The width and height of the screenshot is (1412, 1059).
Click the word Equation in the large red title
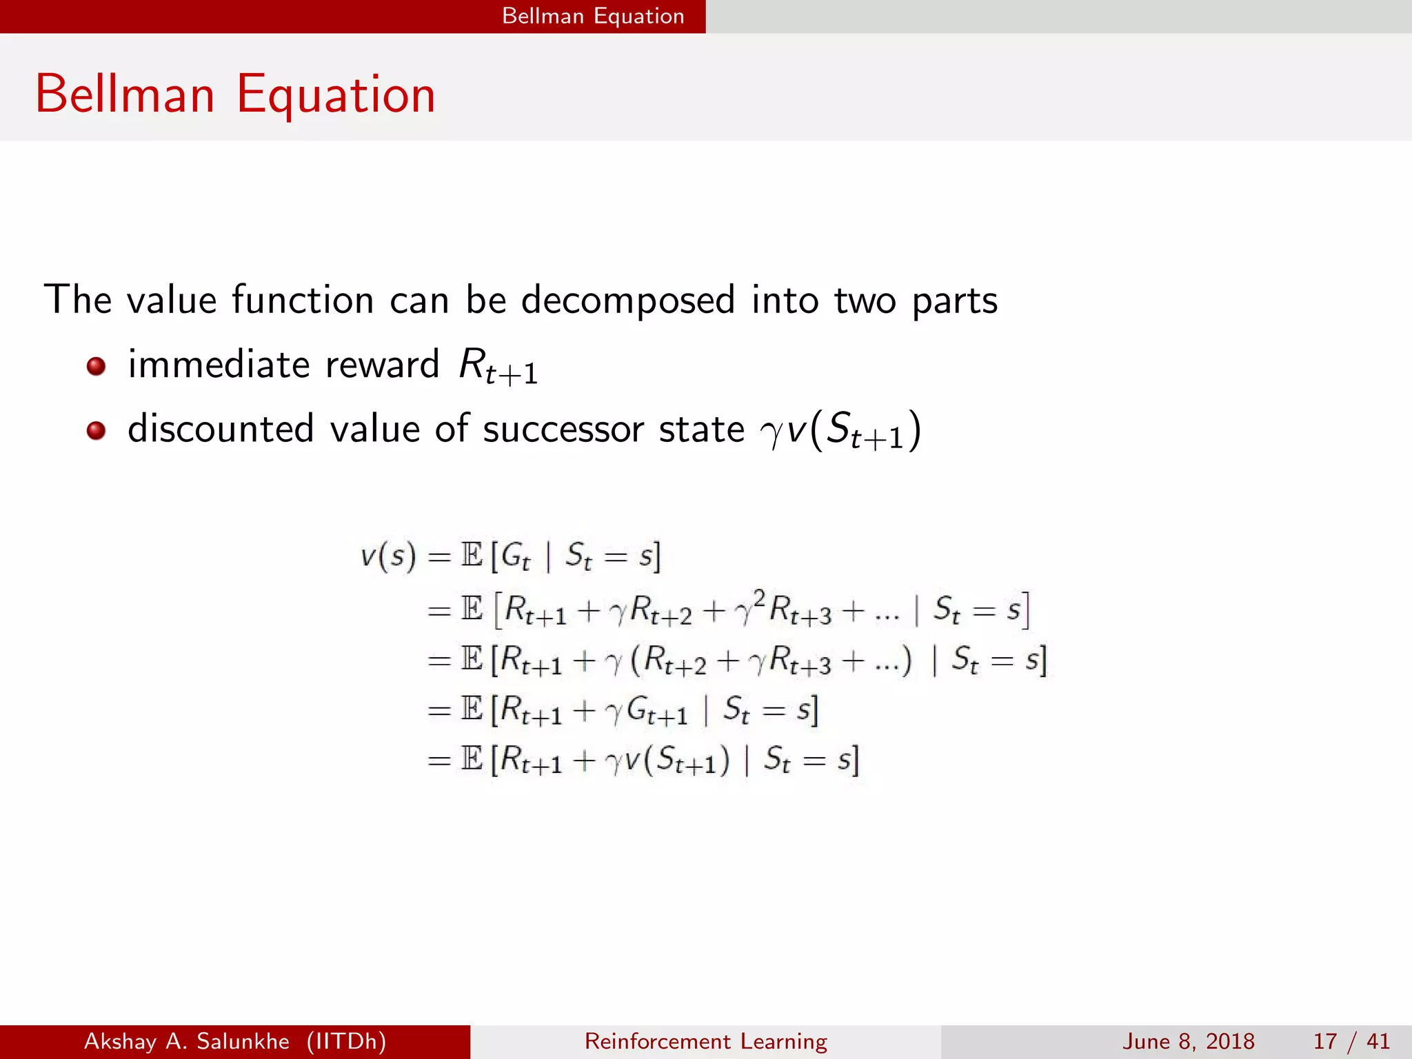coord(336,95)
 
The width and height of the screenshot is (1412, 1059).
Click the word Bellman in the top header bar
coord(543,16)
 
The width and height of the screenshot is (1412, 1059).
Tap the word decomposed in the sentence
coord(627,300)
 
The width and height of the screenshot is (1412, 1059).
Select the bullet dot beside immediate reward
coord(97,365)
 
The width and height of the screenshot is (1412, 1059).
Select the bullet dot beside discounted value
coord(97,431)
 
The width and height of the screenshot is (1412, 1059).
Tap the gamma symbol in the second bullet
coord(771,432)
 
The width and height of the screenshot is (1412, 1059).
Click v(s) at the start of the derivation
coord(388,555)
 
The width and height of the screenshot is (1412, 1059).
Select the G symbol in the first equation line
coord(514,555)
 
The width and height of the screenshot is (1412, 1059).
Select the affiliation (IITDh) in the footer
coord(346,1041)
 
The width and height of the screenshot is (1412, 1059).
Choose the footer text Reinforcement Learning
coord(705,1041)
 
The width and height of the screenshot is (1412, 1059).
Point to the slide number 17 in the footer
coord(1325,1041)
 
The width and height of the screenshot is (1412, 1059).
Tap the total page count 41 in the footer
coord(1378,1041)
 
